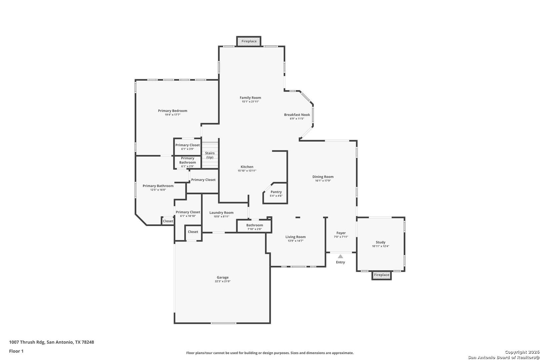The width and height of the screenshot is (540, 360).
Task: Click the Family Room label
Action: [250, 98]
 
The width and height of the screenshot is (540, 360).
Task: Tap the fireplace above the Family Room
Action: [249, 41]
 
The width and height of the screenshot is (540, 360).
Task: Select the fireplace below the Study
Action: [382, 275]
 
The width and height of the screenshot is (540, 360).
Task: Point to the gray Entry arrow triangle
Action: [340, 256]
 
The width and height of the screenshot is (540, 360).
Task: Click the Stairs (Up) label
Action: [210, 155]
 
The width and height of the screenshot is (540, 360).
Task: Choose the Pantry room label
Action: [276, 192]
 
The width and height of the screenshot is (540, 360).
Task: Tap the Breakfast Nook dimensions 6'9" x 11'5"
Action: [297, 119]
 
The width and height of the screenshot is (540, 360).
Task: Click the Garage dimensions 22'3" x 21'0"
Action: [223, 281]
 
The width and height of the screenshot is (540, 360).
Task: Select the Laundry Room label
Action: [221, 213]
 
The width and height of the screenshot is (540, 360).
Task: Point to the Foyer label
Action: [341, 233]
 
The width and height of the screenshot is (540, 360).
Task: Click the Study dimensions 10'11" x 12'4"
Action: [381, 246]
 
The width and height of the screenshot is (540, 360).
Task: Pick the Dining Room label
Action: [323, 177]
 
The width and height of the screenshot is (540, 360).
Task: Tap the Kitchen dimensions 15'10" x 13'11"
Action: [247, 171]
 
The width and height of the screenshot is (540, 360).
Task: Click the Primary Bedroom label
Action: [173, 111]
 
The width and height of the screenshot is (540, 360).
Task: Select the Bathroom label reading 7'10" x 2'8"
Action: [255, 225]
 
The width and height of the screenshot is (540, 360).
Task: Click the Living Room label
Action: [296, 237]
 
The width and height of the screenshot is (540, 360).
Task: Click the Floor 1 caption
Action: [16, 351]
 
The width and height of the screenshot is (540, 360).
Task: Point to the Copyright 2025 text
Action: [522, 352]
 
